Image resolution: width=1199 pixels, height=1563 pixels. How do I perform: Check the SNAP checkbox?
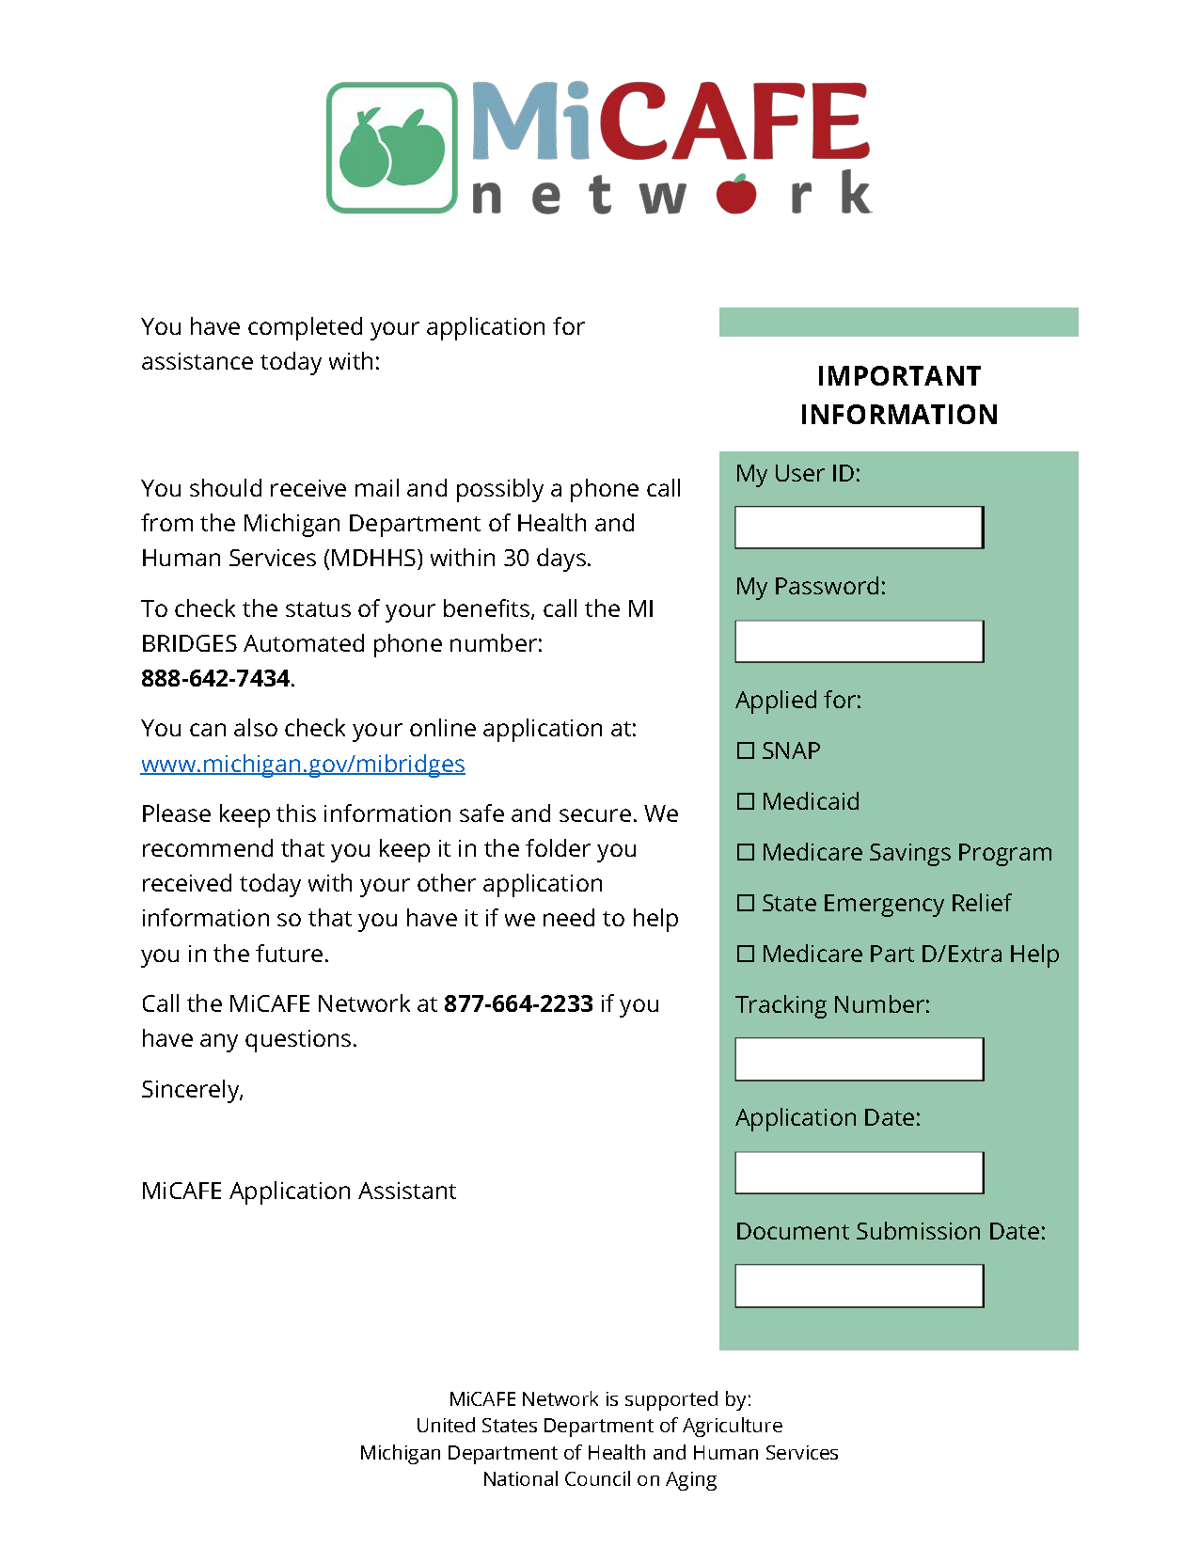click(x=746, y=750)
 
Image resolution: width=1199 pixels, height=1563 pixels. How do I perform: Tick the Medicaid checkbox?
click(x=746, y=801)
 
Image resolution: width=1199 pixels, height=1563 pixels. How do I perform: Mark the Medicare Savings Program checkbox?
click(x=746, y=852)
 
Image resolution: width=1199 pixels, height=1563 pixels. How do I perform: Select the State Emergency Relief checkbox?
click(x=746, y=903)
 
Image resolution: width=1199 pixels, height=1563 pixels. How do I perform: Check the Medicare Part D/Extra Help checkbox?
click(x=746, y=954)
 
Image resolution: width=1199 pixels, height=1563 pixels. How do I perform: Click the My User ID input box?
click(x=859, y=528)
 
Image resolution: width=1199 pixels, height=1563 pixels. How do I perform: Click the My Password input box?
click(x=859, y=641)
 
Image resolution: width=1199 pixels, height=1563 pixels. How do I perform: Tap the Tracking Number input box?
click(x=859, y=1059)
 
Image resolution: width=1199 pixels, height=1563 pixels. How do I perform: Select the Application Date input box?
click(x=859, y=1173)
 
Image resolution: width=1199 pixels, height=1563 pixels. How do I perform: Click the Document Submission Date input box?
click(x=859, y=1286)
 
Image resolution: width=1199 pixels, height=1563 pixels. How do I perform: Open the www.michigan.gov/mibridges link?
click(x=303, y=764)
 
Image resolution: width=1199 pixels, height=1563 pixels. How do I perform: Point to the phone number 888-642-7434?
click(x=215, y=678)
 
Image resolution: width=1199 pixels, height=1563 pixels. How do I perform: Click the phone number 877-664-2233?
click(x=518, y=1004)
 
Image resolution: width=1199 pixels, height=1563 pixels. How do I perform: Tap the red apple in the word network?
click(x=736, y=194)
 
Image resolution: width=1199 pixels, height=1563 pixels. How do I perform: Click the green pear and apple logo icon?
click(x=392, y=148)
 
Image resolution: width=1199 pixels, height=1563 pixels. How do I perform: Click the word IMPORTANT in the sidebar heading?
click(x=898, y=376)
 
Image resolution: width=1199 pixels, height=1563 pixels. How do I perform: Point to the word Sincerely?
click(x=192, y=1089)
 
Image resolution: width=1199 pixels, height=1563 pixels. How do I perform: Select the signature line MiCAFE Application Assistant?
click(x=298, y=1191)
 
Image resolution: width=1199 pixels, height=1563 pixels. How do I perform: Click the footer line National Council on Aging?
click(x=599, y=1479)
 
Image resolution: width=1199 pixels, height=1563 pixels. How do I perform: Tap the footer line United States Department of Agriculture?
click(x=599, y=1426)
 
